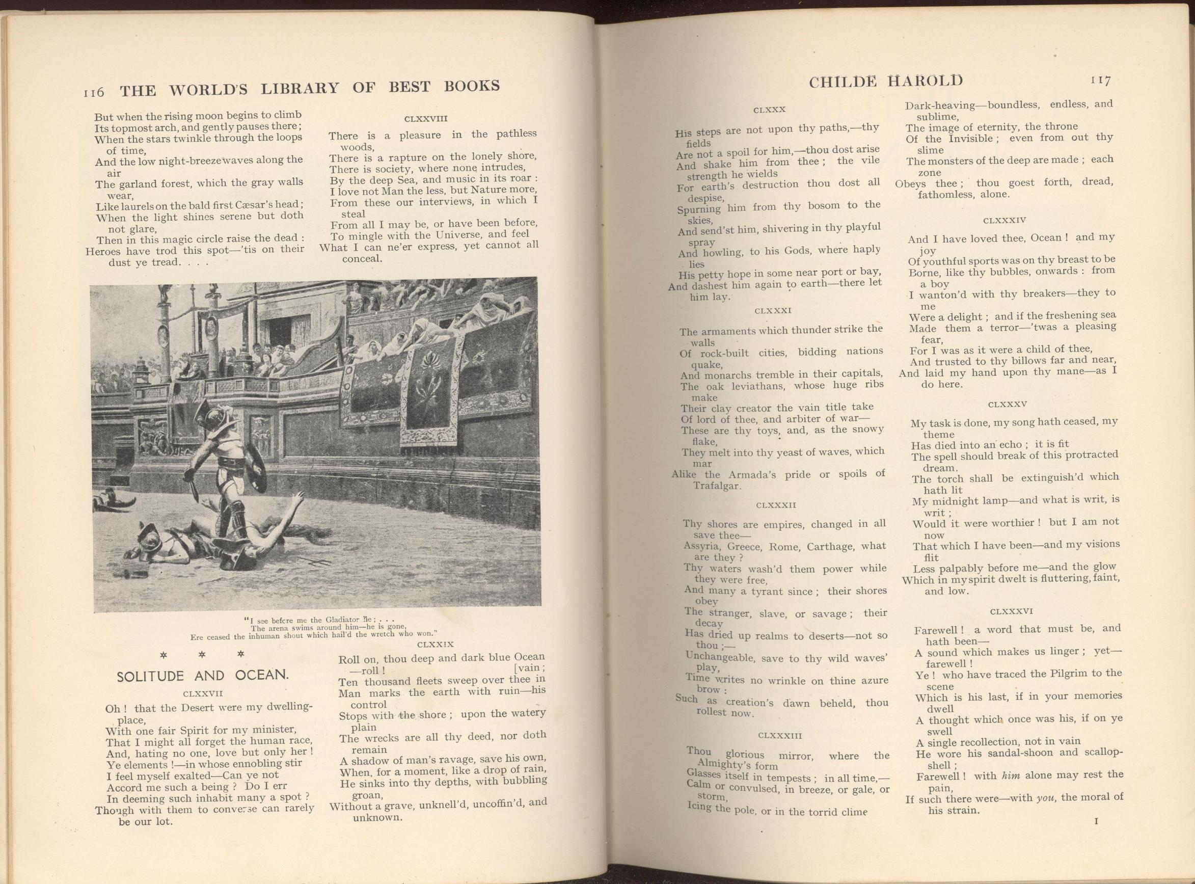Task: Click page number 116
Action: tap(94, 92)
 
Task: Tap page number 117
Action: tap(1101, 81)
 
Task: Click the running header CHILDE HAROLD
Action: tap(885, 82)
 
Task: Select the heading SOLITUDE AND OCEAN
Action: tap(203, 676)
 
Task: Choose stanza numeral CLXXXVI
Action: tap(1011, 611)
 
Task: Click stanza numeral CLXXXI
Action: tap(773, 311)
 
